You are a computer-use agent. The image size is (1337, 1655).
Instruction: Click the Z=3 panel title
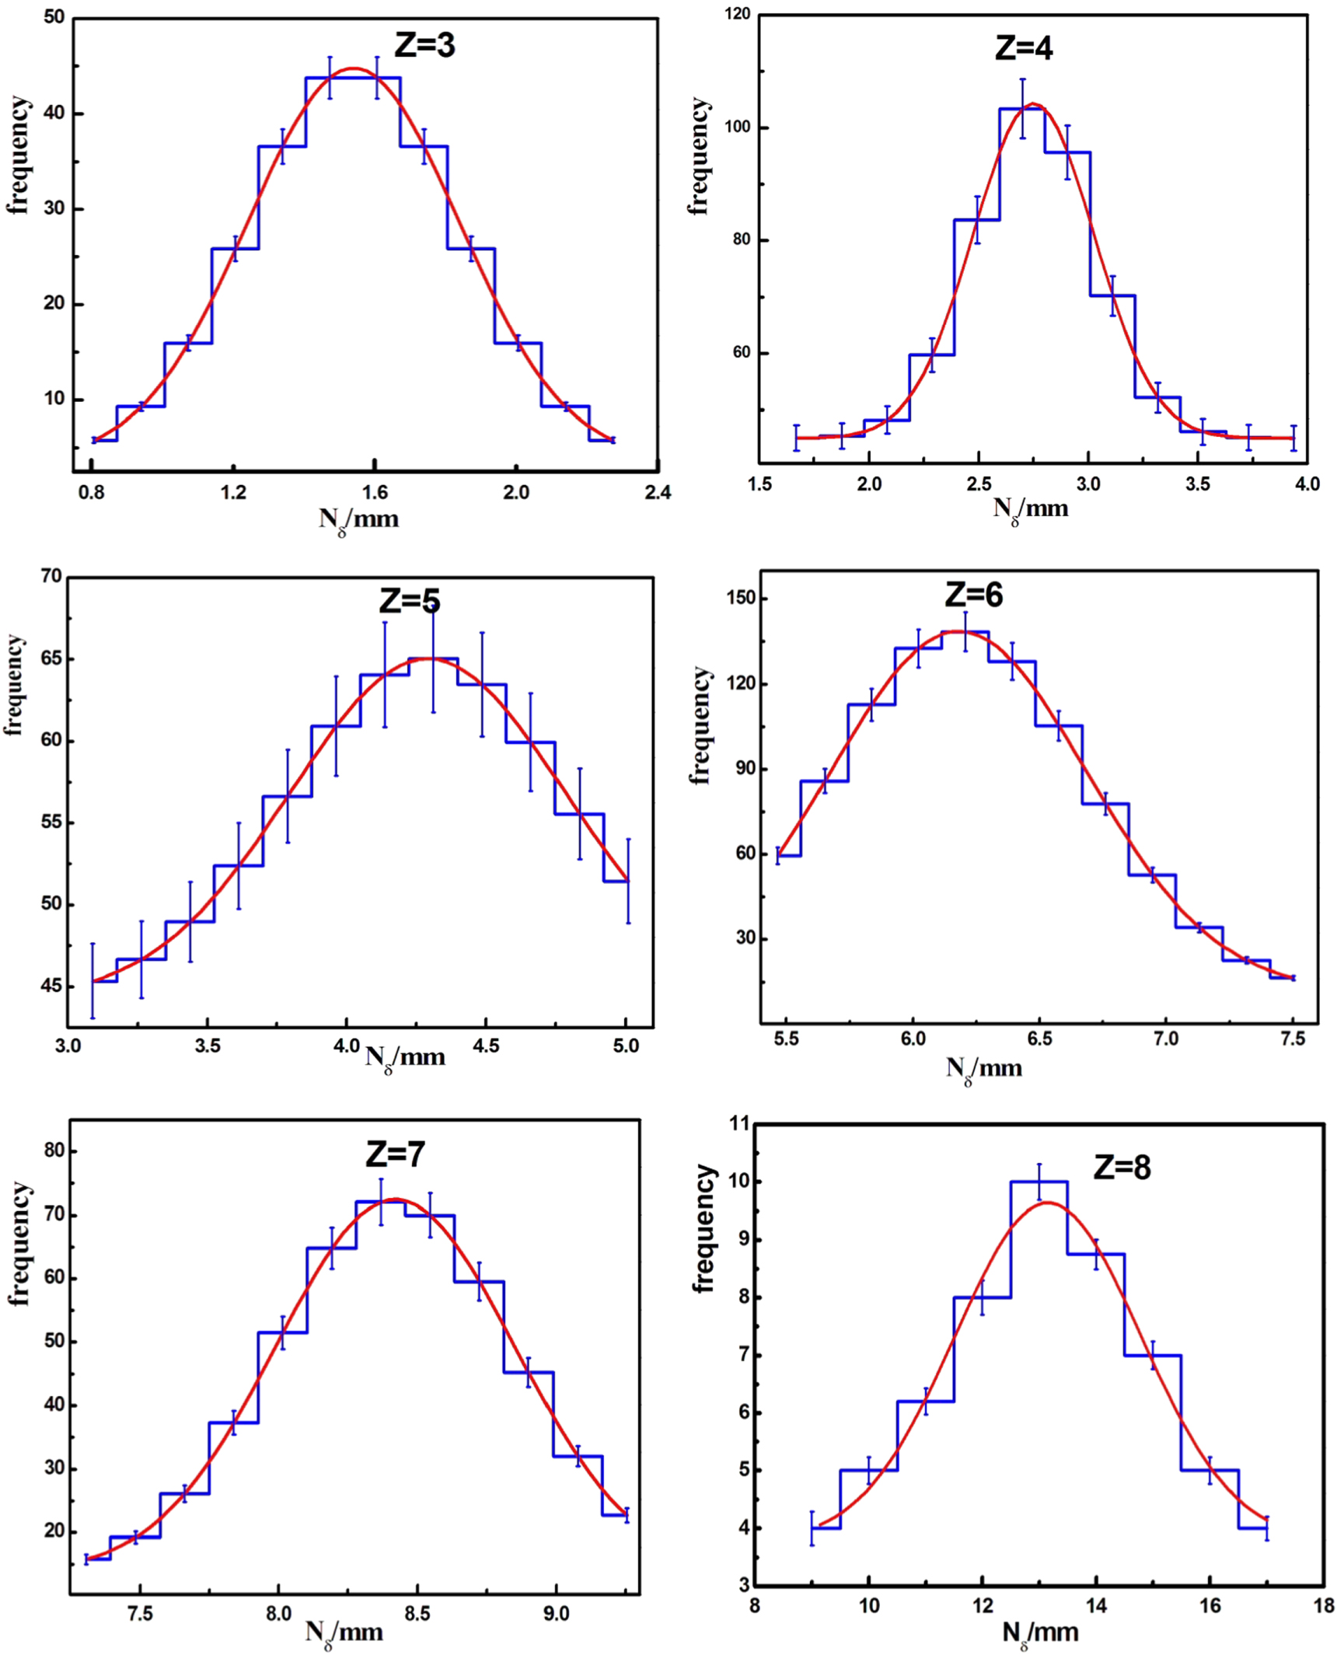click(x=424, y=45)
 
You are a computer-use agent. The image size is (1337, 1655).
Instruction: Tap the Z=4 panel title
click(x=1024, y=48)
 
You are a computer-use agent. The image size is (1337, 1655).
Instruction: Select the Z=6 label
click(x=973, y=595)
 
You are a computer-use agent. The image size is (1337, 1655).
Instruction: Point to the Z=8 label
click(x=1121, y=1168)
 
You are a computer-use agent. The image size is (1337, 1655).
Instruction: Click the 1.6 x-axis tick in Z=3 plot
click(x=375, y=492)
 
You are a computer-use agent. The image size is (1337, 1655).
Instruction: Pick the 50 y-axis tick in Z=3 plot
click(x=54, y=17)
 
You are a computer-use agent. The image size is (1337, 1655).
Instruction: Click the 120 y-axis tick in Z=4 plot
click(x=738, y=14)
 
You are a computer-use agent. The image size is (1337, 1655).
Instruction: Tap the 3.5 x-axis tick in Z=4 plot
click(x=1197, y=484)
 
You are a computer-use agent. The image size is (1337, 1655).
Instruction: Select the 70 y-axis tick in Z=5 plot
click(x=51, y=576)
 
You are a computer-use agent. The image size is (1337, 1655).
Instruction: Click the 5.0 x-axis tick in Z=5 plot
click(x=626, y=1046)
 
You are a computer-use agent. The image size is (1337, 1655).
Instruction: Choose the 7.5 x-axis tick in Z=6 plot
click(x=1293, y=1039)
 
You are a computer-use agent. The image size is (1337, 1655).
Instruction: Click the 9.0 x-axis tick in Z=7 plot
click(x=556, y=1615)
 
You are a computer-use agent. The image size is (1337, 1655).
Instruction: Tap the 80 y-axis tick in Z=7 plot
click(x=54, y=1150)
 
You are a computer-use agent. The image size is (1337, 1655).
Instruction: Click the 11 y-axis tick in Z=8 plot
click(x=739, y=1123)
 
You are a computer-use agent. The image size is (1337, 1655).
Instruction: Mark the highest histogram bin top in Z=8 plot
click(x=1039, y=1182)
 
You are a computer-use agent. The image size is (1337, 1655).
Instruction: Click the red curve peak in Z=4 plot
click(x=1032, y=103)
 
